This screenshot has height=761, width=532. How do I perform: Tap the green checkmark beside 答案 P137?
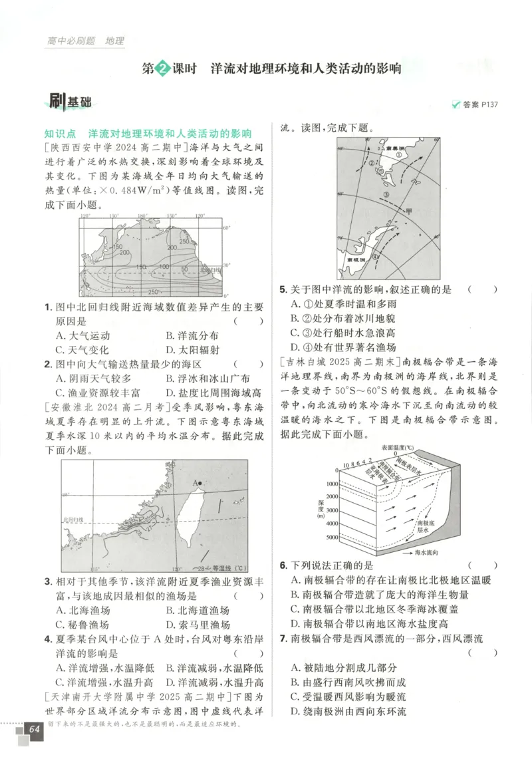pos(456,104)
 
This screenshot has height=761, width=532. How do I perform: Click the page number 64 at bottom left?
pos(34,730)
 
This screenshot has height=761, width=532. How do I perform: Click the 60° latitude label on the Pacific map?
pos(225,228)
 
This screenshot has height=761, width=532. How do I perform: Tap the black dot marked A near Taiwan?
pos(199,482)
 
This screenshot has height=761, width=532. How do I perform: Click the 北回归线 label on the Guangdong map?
pos(74,520)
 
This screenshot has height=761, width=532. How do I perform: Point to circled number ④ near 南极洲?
pos(374,255)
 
